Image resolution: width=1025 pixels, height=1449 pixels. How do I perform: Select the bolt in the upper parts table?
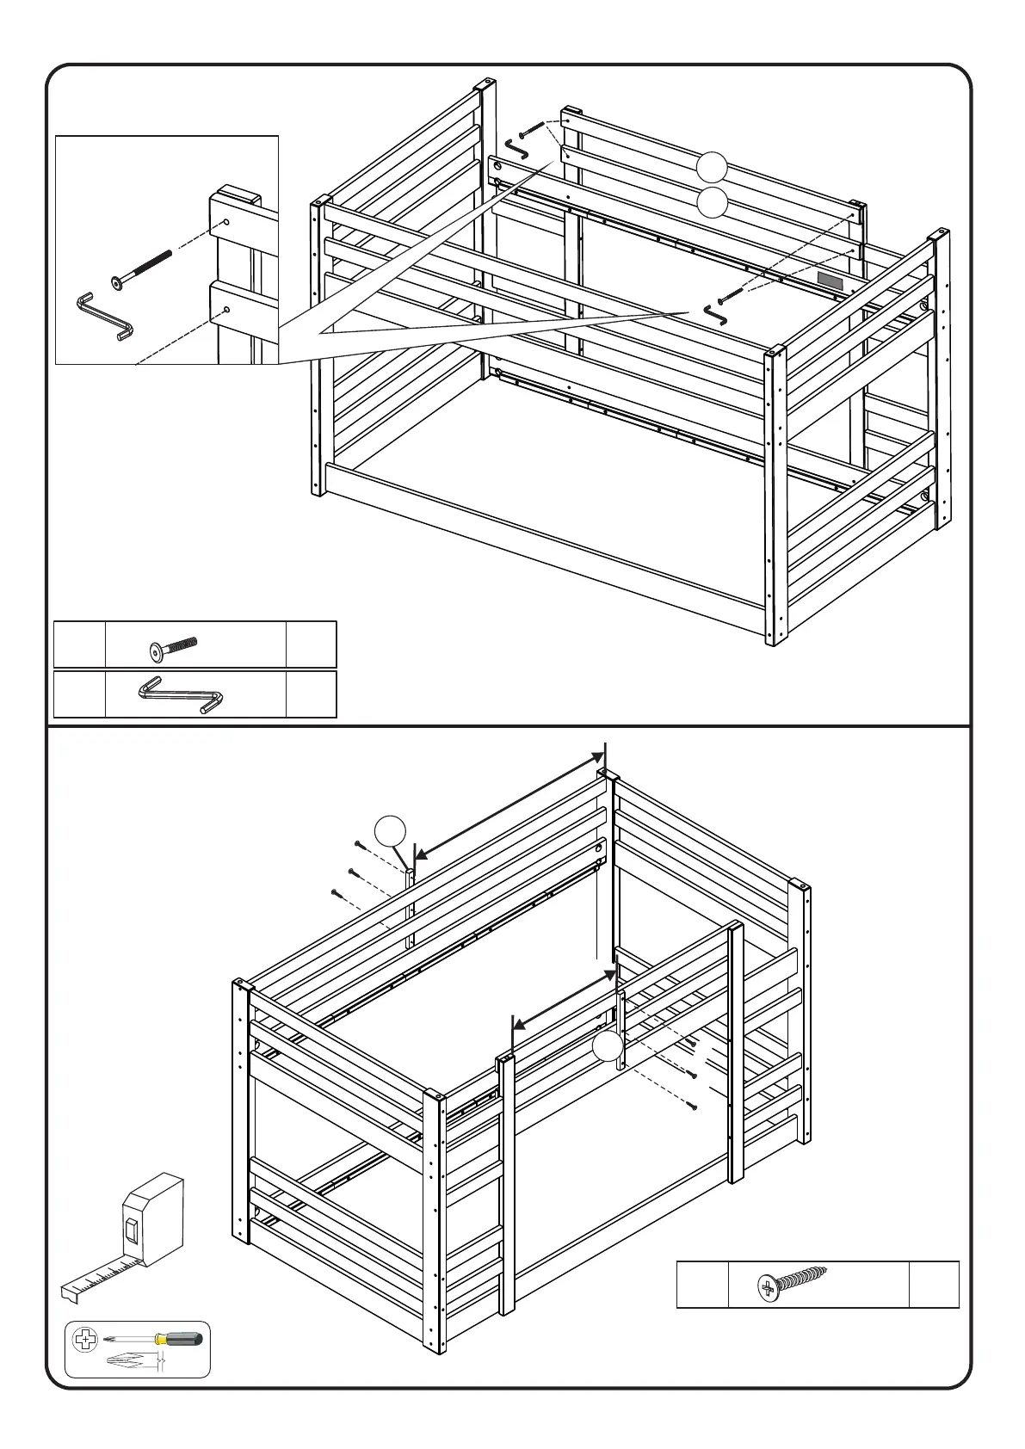coord(172,650)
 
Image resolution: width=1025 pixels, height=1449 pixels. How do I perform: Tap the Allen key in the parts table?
coord(182,695)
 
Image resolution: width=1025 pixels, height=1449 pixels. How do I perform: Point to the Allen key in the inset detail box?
coord(104,316)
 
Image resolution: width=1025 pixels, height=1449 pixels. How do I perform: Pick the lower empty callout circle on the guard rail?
coord(711,204)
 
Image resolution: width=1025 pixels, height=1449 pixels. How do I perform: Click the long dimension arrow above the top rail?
coord(508,805)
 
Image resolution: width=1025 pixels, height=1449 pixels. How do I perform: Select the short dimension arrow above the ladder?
coord(564,998)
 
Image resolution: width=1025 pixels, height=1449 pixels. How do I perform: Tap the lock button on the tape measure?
coord(132,1231)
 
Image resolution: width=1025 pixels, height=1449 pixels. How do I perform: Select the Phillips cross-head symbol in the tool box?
coord(85,1340)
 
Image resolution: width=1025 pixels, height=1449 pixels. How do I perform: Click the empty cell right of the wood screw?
coord(934,1285)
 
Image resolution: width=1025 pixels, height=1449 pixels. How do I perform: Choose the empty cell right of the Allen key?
coord(311,695)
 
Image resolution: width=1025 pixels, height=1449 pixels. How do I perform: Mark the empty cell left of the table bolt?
coord(79,644)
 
